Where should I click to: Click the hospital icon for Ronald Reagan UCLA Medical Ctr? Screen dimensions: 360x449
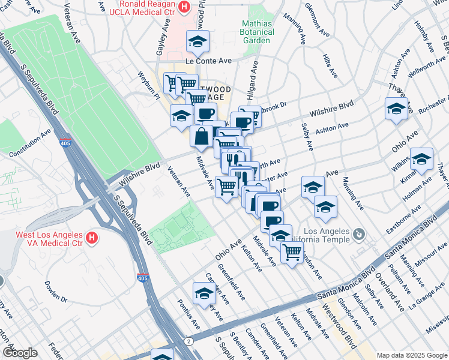184,7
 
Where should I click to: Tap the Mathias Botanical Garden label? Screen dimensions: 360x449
256,31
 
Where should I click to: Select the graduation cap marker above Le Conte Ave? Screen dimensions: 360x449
197,41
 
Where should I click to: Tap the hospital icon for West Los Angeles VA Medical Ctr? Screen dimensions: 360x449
92,238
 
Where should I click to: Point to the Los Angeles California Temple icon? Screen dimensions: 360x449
358,233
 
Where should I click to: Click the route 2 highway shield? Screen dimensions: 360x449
189,341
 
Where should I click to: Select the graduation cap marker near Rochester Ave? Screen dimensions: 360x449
396,109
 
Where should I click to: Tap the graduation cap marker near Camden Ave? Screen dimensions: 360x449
204,293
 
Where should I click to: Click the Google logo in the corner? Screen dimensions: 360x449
20,353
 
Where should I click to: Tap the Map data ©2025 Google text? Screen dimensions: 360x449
412,355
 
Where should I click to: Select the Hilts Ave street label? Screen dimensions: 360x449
330,65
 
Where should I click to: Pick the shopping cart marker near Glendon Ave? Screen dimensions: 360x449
292,252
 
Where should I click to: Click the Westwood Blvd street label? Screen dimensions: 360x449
348,337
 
